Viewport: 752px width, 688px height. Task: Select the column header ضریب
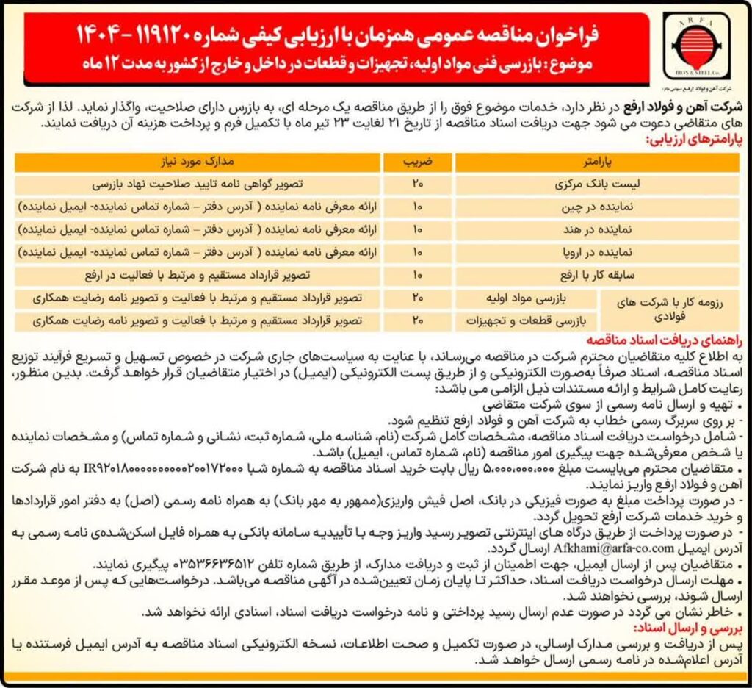pos(418,160)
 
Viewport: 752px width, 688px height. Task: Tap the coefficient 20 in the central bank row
pos(418,183)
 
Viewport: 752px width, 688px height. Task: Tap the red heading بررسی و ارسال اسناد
pos(682,630)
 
